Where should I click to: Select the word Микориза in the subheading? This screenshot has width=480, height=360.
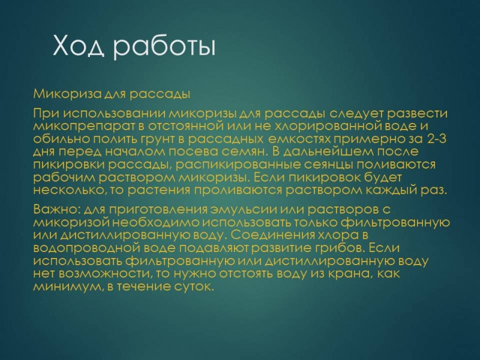tap(67, 94)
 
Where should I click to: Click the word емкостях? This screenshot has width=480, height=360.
tap(299, 139)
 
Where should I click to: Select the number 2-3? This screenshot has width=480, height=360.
tap(437, 139)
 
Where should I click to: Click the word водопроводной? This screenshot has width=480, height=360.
tap(86, 248)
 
